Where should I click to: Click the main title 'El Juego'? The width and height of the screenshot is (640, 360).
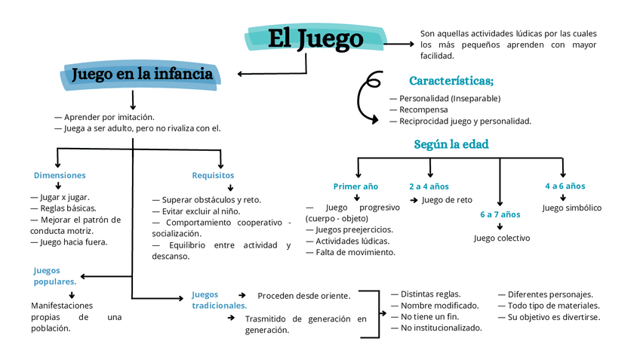coord(315,38)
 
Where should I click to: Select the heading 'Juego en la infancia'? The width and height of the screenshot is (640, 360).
coord(141,74)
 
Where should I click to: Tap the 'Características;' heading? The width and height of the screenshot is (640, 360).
coord(451,81)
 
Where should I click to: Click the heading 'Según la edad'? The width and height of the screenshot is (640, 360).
coord(451,144)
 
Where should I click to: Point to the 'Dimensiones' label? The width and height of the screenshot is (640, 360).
coord(60,175)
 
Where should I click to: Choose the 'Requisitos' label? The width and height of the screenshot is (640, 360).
coord(213,175)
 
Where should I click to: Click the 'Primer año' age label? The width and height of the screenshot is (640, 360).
coord(355,186)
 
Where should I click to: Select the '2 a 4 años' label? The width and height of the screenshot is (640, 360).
coord(429,186)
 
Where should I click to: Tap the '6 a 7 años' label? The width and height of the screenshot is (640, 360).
coord(500,214)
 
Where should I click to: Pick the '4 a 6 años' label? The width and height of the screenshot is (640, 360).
coord(565,186)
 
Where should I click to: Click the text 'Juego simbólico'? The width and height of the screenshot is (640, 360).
coord(571,208)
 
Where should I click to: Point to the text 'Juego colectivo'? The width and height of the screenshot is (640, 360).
coord(501,238)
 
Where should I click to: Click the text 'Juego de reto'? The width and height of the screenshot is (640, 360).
coord(447,200)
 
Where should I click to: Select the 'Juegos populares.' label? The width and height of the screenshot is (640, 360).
coord(54,275)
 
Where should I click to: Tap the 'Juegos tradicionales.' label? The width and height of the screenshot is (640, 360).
coord(218,300)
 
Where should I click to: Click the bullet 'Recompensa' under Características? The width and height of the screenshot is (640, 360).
coord(423,109)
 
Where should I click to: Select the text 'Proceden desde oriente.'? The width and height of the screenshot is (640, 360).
coord(303,295)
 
